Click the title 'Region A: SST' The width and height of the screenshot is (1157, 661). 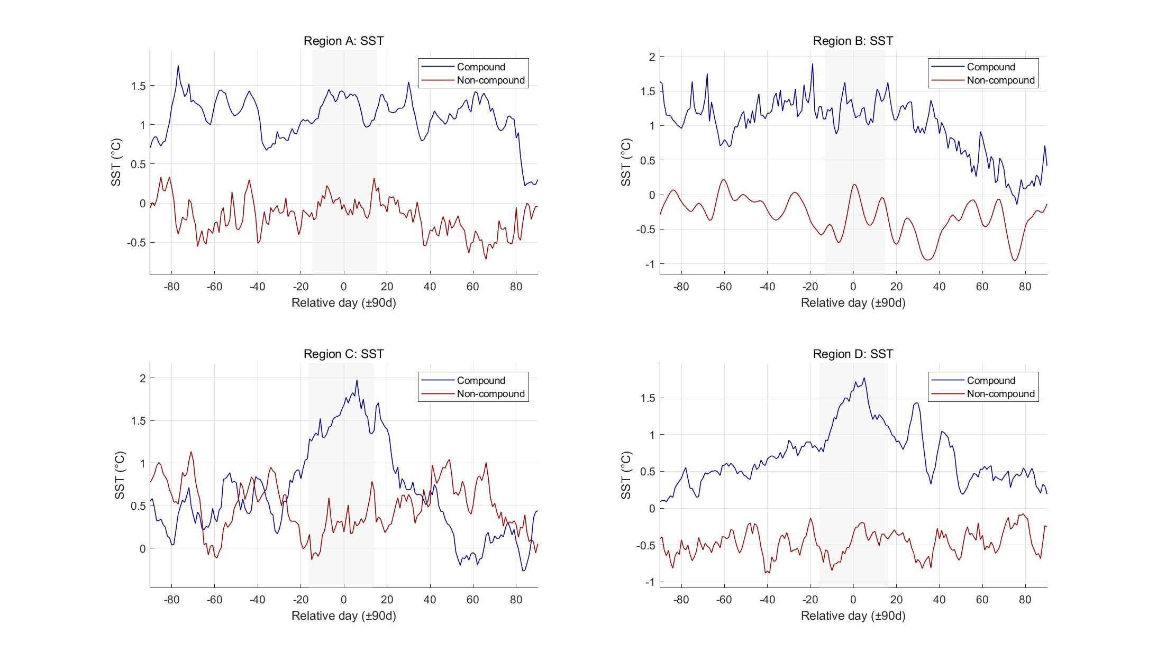tap(343, 41)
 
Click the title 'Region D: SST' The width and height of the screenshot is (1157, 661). tap(853, 354)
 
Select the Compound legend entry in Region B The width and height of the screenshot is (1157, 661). tap(990, 67)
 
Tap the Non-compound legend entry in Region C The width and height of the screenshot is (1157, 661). tap(490, 394)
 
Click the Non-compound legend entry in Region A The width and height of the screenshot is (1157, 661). tap(490, 80)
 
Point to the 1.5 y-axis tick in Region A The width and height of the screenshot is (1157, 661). tap(138, 86)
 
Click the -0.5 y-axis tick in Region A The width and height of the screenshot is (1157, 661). tap(136, 243)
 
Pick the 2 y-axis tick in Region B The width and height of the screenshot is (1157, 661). tap(652, 57)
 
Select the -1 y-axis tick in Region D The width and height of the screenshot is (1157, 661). tap(649, 582)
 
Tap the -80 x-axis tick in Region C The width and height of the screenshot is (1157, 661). tap(171, 600)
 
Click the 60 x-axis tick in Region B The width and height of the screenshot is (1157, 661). tap(982, 287)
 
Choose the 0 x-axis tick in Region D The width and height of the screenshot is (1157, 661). tap(853, 600)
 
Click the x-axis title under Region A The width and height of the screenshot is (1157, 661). tap(343, 302)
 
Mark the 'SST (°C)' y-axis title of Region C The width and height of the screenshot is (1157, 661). tap(120, 475)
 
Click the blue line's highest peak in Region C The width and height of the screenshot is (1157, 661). tap(357, 380)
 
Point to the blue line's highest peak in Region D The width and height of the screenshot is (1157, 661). tap(864, 378)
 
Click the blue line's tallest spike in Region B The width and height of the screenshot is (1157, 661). tap(812, 64)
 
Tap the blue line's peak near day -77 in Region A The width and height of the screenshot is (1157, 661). tap(178, 66)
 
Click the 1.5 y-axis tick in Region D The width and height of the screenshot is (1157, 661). tap(648, 398)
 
